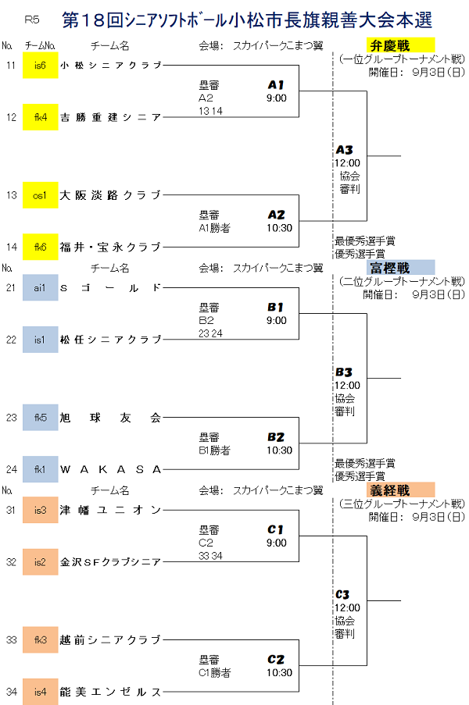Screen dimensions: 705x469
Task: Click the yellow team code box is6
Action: tap(41, 65)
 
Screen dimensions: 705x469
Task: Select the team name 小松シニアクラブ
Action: tap(110, 66)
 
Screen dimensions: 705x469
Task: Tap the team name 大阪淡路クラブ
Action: tap(110, 195)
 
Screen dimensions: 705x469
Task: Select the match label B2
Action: tap(276, 437)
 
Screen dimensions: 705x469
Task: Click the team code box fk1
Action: tap(41, 469)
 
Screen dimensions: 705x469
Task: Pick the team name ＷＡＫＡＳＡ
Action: tap(110, 470)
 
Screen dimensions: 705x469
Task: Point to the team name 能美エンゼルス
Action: tap(110, 692)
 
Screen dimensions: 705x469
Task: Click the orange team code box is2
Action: tap(41, 561)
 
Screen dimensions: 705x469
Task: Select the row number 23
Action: tap(11, 418)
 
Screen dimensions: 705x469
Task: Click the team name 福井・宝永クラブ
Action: tap(110, 247)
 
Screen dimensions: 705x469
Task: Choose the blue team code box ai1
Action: tap(41, 287)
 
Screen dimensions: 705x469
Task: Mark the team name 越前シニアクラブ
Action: tap(110, 640)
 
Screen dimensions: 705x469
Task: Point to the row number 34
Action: tap(11, 692)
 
